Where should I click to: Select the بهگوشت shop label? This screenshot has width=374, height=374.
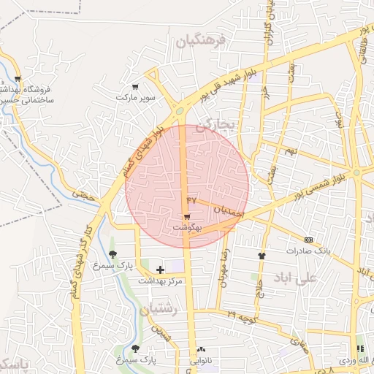pyautogui.click(x=187, y=228)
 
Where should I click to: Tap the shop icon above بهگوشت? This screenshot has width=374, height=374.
pyautogui.click(x=187, y=217)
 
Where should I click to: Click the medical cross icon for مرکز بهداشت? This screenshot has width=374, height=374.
pyautogui.click(x=161, y=270)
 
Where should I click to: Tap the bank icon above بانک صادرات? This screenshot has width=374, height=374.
pyautogui.click(x=308, y=240)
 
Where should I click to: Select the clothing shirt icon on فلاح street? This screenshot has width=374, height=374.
pyautogui.click(x=262, y=256)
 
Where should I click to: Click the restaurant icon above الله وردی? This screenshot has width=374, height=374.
pyautogui.click(x=359, y=351)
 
